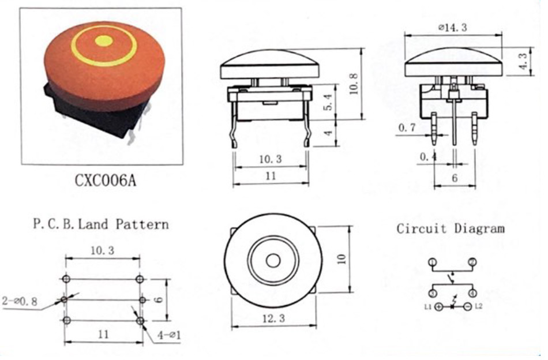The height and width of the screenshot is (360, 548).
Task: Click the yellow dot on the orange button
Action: tap(104, 41)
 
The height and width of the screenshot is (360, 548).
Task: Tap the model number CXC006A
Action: tap(106, 181)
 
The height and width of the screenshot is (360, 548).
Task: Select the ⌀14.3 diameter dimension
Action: tap(453, 27)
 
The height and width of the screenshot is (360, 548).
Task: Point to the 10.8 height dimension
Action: tap(354, 84)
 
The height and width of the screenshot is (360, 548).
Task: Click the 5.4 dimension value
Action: tap(329, 102)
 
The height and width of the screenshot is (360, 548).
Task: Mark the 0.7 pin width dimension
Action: tap(407, 127)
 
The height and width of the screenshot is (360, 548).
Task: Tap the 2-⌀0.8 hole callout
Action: tap(20, 301)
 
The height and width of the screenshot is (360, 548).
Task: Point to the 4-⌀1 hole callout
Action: tap(169, 335)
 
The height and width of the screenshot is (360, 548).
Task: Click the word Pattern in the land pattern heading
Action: tap(142, 224)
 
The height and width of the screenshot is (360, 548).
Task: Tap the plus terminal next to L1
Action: tap(439, 307)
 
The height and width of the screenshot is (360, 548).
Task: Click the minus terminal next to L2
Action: tap(468, 307)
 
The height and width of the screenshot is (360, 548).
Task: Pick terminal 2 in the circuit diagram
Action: tap(473, 262)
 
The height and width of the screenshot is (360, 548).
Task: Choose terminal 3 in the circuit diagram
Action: tap(433, 293)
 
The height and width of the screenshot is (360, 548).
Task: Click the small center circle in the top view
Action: tap(273, 261)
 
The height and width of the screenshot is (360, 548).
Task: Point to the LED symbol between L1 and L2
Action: tap(453, 305)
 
